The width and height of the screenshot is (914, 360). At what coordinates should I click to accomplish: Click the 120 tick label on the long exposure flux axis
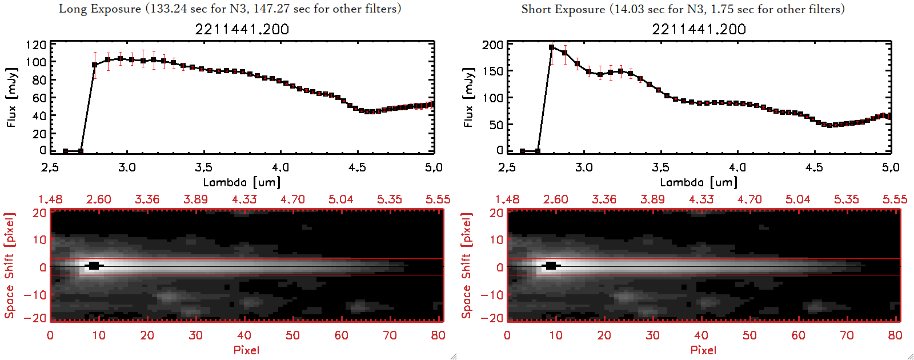tap(36, 45)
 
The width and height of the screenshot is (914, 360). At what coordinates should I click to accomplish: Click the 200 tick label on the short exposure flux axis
tap(492, 45)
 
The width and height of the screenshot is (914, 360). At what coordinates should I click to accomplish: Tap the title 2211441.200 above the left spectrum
tap(242, 29)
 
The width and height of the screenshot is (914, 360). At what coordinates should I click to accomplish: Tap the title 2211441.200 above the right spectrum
tap(699, 29)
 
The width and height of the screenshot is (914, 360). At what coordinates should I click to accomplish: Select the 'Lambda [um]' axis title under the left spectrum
tap(242, 182)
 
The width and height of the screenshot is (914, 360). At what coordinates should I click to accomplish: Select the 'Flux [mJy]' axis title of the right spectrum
tap(468, 97)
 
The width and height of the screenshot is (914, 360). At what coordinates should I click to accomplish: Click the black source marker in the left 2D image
tap(94, 266)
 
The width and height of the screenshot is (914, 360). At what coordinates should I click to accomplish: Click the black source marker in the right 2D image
tap(551, 266)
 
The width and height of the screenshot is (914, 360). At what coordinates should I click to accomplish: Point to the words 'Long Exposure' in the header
tap(100, 9)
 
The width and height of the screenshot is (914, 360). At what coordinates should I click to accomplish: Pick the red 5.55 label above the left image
tap(438, 199)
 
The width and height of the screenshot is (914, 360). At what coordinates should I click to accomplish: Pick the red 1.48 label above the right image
tap(507, 199)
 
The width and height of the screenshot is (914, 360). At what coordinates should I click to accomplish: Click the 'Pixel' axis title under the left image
tap(246, 350)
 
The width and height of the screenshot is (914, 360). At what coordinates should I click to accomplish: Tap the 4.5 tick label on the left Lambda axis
tap(357, 167)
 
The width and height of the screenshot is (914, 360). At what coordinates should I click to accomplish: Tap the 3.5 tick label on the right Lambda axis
tap(660, 167)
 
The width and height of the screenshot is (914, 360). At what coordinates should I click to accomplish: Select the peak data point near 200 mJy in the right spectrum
tap(551, 47)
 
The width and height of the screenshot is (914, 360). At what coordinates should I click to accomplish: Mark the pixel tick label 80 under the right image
tap(895, 335)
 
